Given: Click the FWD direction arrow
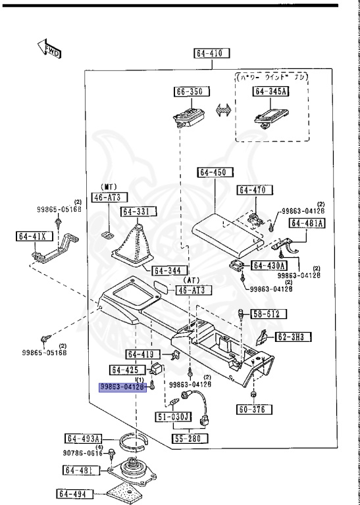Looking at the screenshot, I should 49,49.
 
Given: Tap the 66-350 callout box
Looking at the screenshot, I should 188,92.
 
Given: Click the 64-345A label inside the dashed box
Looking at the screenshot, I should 270,92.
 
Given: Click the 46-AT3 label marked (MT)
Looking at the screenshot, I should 110,197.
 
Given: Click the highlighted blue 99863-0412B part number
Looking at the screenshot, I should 122,388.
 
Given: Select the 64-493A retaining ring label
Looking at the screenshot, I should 83,439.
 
